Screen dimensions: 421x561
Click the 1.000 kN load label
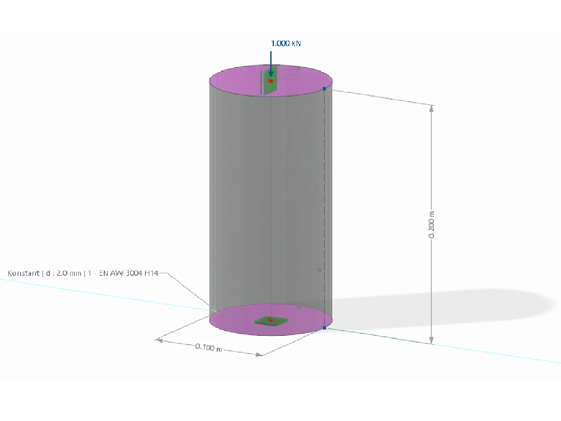[x=286, y=44]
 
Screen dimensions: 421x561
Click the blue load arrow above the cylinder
[x=271, y=63]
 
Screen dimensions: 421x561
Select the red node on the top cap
[x=272, y=81]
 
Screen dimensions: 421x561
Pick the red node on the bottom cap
[x=271, y=321]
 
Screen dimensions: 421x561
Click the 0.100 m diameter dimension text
[x=209, y=347]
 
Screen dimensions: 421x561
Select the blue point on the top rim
[x=324, y=89]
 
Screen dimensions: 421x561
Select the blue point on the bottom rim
[x=324, y=327]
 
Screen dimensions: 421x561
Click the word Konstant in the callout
[x=23, y=273]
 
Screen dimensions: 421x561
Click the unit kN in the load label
[x=296, y=44]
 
